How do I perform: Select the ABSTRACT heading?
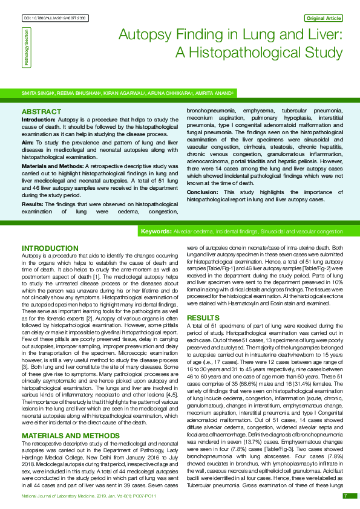point(41,112)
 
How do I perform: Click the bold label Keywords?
point(156,215)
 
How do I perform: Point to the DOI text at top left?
point(54,19)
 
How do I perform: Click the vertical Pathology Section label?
point(26,48)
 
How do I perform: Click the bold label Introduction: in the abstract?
point(39,120)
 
